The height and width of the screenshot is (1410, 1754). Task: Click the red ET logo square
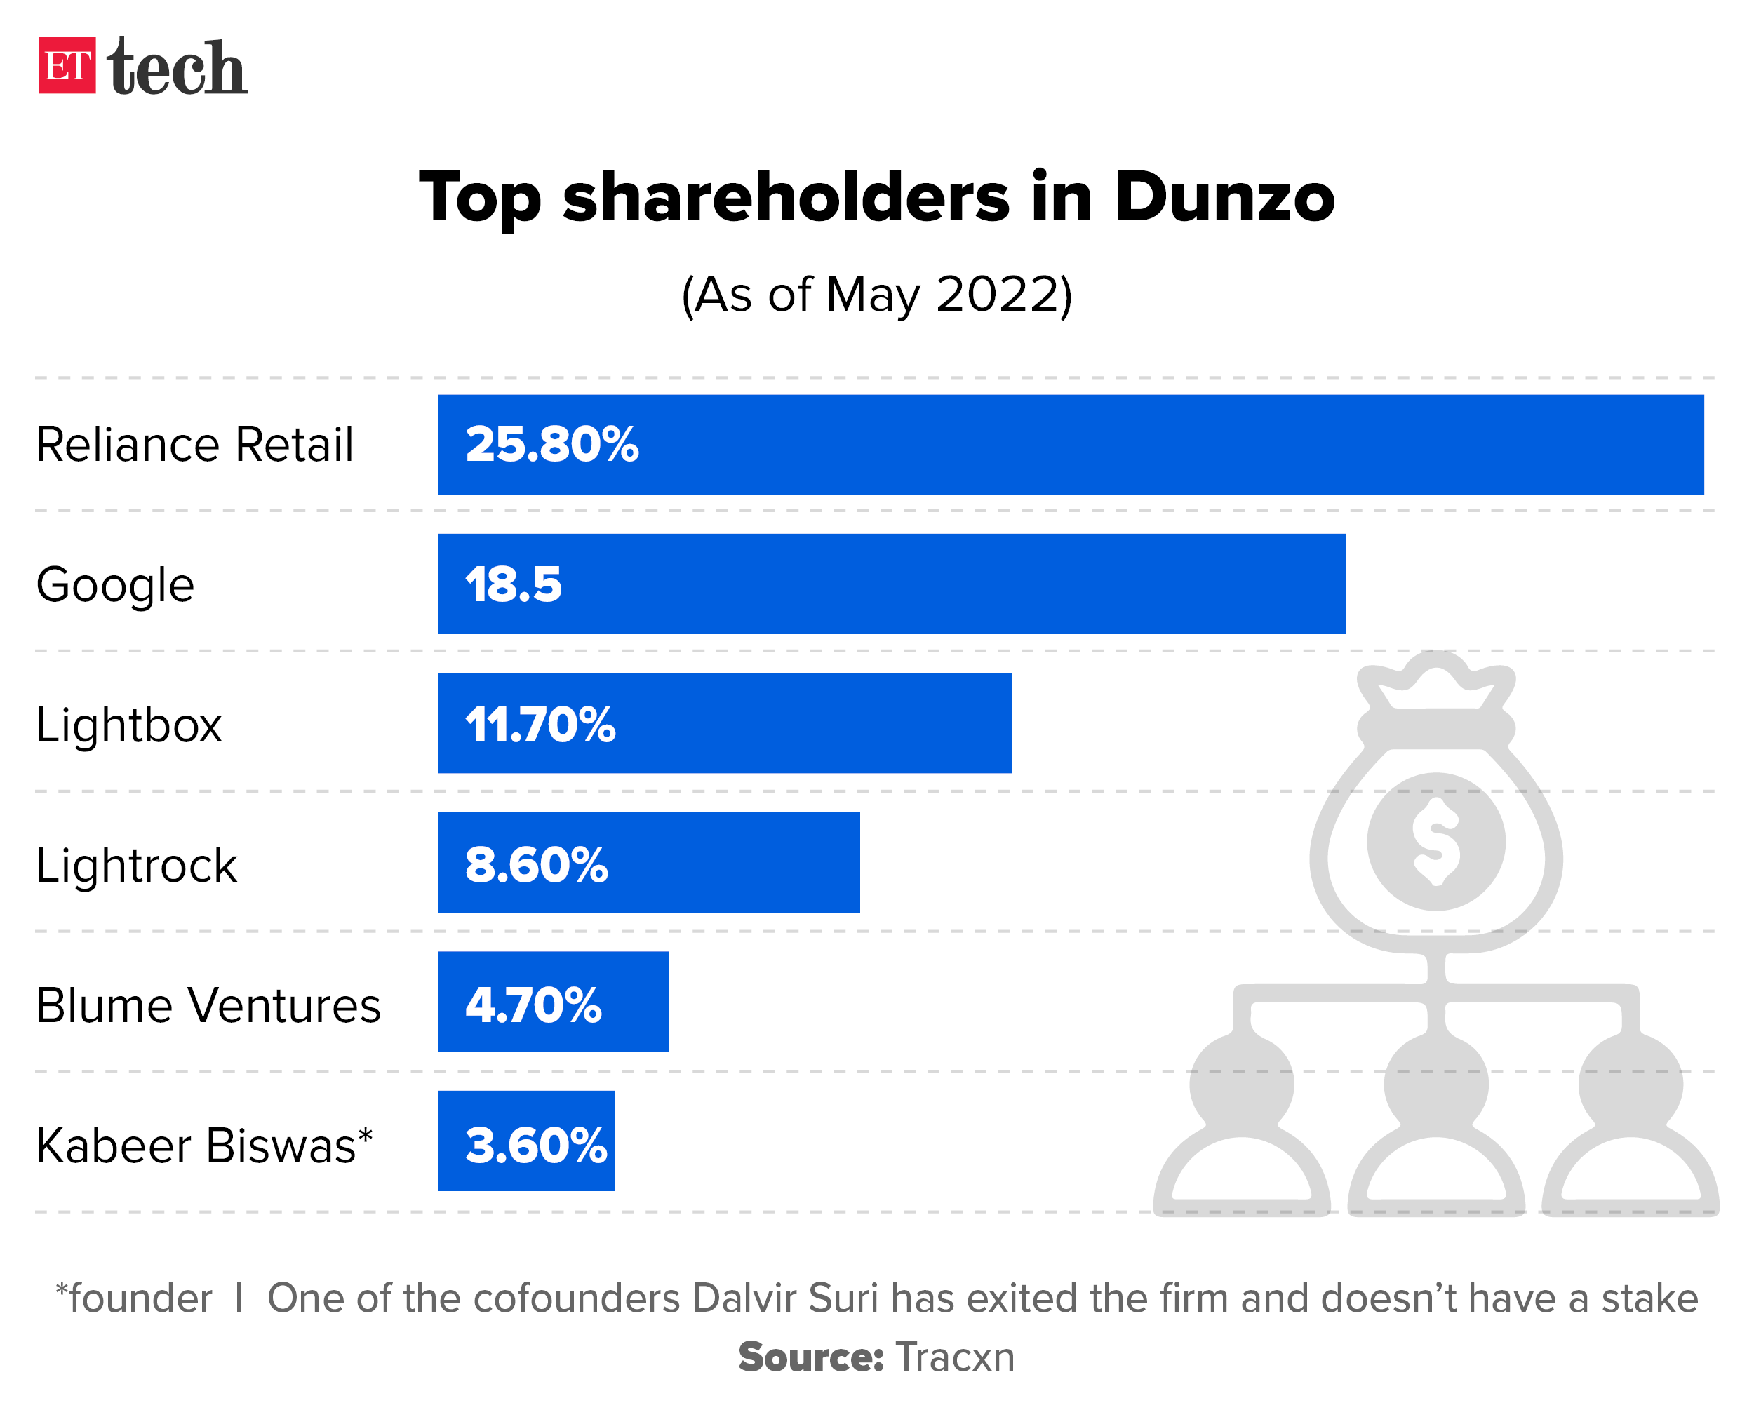67,66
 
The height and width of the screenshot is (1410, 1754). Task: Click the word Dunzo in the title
1224,198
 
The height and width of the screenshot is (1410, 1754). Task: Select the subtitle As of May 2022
876,295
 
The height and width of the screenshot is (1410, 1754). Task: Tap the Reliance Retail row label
194,445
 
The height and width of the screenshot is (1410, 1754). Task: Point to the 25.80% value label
551,445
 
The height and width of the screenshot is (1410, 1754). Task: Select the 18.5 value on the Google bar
514,585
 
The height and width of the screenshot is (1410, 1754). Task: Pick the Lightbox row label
128,725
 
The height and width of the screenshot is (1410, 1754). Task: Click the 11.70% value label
540,725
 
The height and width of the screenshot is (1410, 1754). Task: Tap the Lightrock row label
137,865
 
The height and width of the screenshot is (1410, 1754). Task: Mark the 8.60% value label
536,865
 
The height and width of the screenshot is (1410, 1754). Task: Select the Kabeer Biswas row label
203,1146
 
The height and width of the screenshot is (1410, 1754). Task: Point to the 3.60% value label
535,1146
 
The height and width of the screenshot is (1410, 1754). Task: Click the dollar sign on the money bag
1436,841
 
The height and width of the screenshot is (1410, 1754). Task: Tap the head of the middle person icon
1436,1084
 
